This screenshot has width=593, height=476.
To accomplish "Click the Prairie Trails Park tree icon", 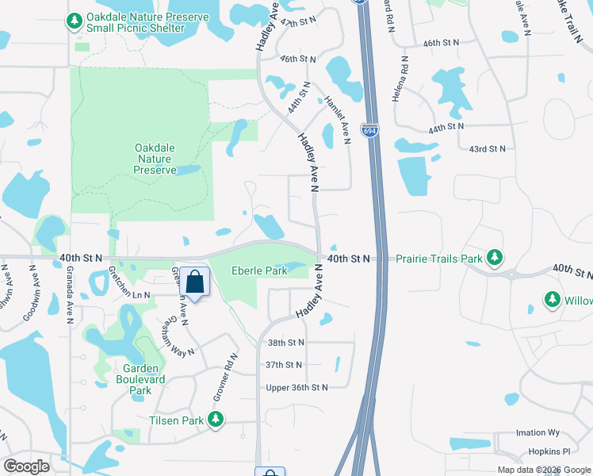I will coord(495,258).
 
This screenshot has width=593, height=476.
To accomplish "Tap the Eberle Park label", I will coord(258,271).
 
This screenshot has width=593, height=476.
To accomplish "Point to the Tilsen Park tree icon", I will coord(215,420).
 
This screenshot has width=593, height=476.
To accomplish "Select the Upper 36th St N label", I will coord(296,387).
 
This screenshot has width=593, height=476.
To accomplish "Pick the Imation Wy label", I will coord(538,433).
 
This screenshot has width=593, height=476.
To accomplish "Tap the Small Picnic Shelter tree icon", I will coord(75,21).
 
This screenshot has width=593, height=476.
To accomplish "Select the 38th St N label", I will coord(286,343).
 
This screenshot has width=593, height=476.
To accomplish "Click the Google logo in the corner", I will coord(26,466).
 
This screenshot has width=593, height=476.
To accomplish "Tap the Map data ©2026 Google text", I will coord(544,470).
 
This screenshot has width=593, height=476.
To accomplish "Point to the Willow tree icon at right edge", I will coord(552,301).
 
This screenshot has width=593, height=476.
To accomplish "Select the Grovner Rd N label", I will coord(224,378).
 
